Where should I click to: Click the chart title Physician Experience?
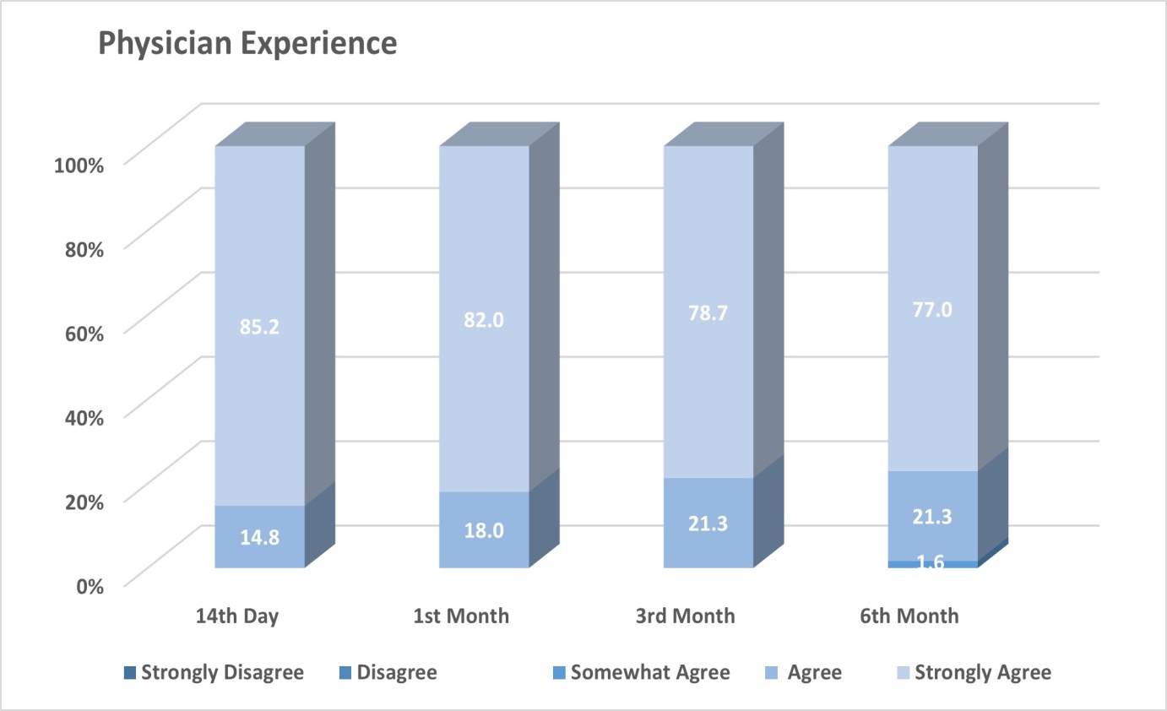click(247, 44)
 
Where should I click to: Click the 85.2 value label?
click(259, 327)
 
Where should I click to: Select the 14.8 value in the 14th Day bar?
click(259, 538)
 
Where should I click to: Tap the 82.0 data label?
click(484, 320)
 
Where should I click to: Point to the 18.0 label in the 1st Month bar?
click(484, 531)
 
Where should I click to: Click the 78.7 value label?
click(708, 313)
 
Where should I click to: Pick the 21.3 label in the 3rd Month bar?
click(708, 524)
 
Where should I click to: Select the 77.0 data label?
click(932, 310)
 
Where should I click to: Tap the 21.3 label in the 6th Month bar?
click(932, 517)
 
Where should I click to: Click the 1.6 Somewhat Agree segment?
click(932, 564)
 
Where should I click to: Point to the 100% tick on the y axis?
click(79, 166)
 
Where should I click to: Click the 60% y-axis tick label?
click(84, 334)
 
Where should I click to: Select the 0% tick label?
click(90, 587)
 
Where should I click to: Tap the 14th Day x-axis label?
click(237, 616)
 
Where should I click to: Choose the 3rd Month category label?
click(685, 616)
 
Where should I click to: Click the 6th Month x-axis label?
click(909, 616)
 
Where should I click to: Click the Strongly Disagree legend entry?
click(214, 672)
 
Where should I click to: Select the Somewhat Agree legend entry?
click(641, 672)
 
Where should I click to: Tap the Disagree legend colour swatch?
click(345, 672)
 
